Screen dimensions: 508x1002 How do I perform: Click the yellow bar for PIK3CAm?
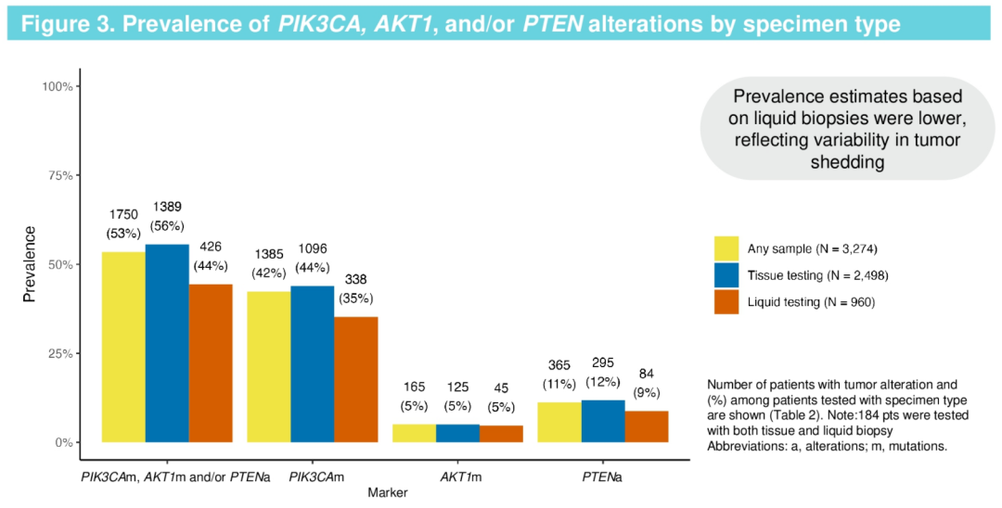pyautogui.click(x=268, y=367)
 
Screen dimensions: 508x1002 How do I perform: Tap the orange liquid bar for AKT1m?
pyautogui.click(x=501, y=434)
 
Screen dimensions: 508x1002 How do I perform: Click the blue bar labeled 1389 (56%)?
pyautogui.click(x=167, y=343)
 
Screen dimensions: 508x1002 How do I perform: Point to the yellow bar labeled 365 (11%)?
pyautogui.click(x=559, y=422)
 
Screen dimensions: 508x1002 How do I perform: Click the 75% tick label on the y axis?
pyautogui.click(x=58, y=175)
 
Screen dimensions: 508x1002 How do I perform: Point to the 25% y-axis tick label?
pyautogui.click(x=58, y=353)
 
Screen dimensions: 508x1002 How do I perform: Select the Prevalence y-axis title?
pyautogui.click(x=30, y=264)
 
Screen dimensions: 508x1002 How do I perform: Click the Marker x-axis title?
pyautogui.click(x=386, y=492)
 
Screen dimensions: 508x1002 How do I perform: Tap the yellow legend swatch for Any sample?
pyautogui.click(x=726, y=248)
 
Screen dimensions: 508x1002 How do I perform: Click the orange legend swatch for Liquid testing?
pyautogui.click(x=726, y=301)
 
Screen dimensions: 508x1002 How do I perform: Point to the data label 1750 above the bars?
pyautogui.click(x=123, y=215)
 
